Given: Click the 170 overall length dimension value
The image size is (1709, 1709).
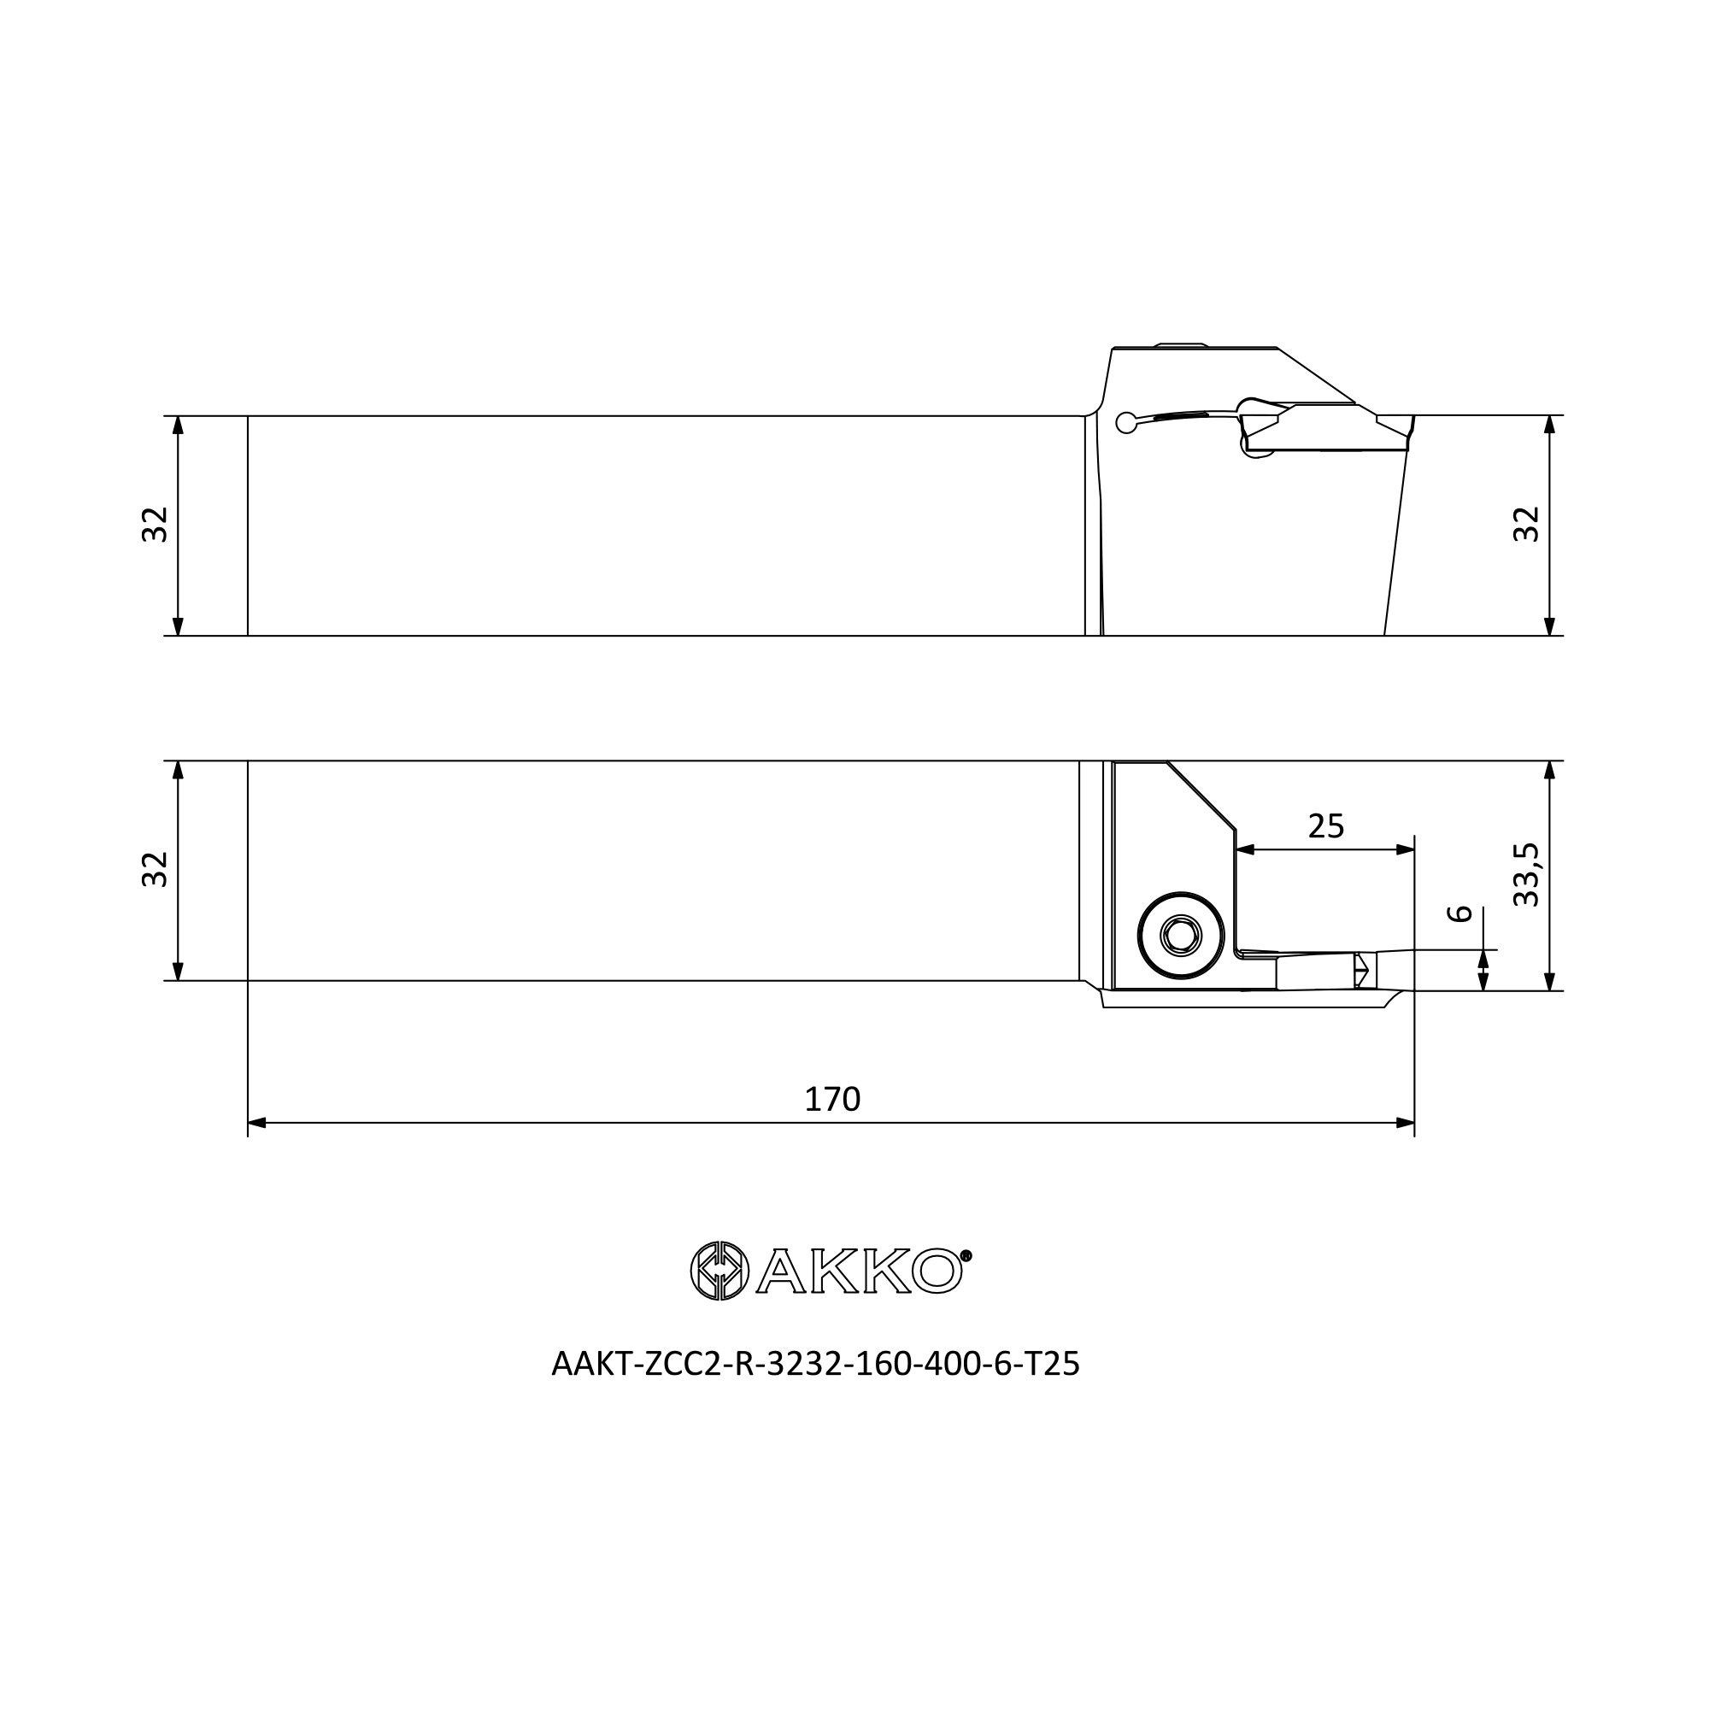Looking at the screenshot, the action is point(831,1100).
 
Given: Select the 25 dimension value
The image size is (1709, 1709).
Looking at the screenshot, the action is point(1325,826).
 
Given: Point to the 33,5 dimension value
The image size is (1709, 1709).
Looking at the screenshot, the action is point(1526,875).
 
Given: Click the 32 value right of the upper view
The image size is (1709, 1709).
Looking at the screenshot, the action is point(1526,525).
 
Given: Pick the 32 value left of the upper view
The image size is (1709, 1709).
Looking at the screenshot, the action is point(155,525).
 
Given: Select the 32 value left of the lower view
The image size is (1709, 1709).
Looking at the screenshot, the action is point(155,870).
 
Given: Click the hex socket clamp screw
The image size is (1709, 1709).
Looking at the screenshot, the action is point(1182,935).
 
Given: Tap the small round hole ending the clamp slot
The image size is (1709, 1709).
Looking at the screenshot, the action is point(1126,423).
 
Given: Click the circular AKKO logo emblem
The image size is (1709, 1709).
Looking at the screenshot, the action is point(719,1271).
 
